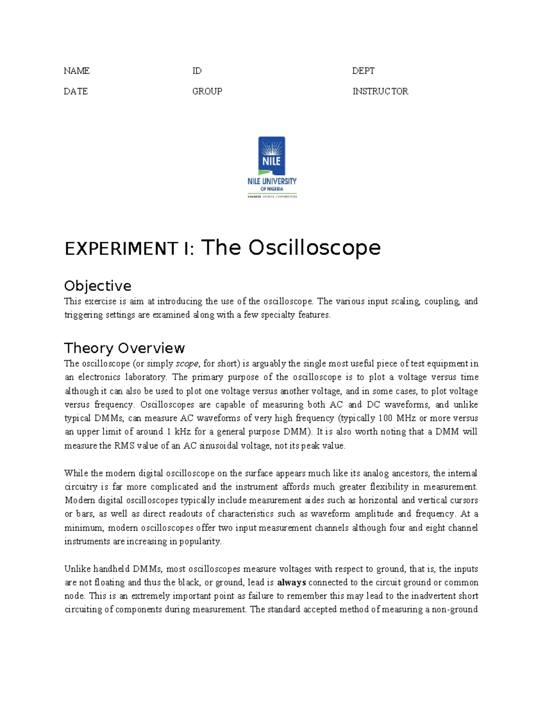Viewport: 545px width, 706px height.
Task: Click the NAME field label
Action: coord(76,71)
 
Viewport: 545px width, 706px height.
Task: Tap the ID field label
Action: coord(197,71)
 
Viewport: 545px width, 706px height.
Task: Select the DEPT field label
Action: coord(363,71)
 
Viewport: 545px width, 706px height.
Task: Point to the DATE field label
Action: coord(76,91)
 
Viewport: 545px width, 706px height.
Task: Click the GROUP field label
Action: coord(207,91)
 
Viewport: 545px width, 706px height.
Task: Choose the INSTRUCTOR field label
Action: coord(380,91)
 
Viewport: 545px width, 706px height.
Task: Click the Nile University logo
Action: coord(272,167)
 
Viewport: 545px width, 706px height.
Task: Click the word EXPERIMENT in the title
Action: coord(121,249)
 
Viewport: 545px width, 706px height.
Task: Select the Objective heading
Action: coord(98,286)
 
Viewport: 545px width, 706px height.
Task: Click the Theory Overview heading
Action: coord(124,348)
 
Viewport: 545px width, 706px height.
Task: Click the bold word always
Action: coord(292,583)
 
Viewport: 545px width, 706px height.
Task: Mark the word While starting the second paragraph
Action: coord(76,473)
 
